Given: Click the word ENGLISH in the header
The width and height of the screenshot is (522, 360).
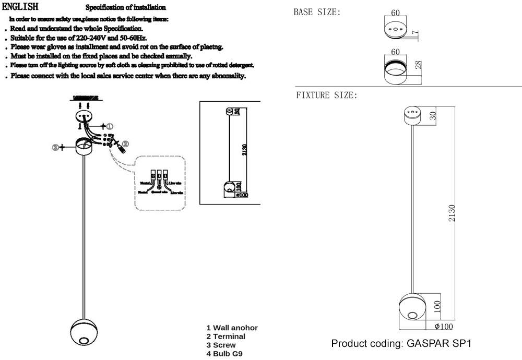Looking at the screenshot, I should pyautogui.click(x=20, y=7).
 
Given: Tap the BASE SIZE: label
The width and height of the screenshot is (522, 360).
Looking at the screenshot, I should pyautogui.click(x=317, y=11).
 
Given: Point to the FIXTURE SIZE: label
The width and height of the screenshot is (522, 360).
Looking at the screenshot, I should pyautogui.click(x=326, y=95).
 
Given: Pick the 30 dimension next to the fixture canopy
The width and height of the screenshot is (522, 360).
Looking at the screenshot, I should pyautogui.click(x=433, y=115).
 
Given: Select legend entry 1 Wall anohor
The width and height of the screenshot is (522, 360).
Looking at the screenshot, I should pyautogui.click(x=232, y=328).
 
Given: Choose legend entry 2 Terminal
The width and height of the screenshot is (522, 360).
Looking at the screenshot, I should pyautogui.click(x=226, y=336).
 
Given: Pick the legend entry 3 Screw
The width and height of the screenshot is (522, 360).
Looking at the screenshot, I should pyautogui.click(x=221, y=345).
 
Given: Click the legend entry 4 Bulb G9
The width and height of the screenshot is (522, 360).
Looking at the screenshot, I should pyautogui.click(x=224, y=353).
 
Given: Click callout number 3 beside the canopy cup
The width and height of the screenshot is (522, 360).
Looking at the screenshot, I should pyautogui.click(x=55, y=147).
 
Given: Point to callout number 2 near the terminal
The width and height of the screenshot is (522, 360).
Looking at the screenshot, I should pyautogui.click(x=125, y=143).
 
